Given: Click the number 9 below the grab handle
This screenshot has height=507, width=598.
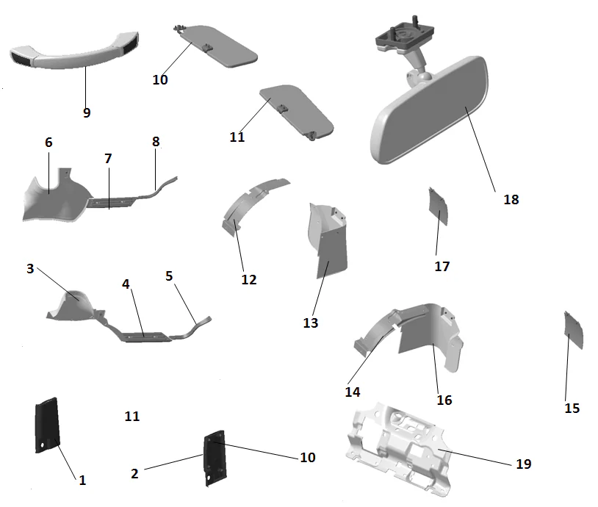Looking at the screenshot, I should pyautogui.click(x=87, y=112).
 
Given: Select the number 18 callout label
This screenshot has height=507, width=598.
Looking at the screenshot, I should pyautogui.click(x=511, y=199).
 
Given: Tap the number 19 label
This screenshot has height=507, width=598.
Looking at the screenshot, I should pyautogui.click(x=523, y=464).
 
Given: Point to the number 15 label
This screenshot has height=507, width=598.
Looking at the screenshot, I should pyautogui.click(x=572, y=408).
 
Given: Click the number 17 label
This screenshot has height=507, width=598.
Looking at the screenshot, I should pyautogui.click(x=442, y=266).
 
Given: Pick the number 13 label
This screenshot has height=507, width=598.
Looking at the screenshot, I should pyautogui.click(x=311, y=322).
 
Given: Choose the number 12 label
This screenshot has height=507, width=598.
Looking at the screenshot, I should pyautogui.click(x=249, y=279).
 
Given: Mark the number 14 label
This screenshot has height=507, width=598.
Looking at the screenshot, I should pyautogui.click(x=353, y=392).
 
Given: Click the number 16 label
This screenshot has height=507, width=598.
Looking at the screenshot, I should pyautogui.click(x=444, y=400).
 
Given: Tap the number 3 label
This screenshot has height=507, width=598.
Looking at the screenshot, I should pyautogui.click(x=30, y=268).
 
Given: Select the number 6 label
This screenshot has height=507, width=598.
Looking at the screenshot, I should pyautogui.click(x=48, y=142).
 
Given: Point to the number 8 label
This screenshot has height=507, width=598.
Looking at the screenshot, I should pyautogui.click(x=156, y=141).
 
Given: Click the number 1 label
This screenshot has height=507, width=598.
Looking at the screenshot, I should pyautogui.click(x=82, y=480).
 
